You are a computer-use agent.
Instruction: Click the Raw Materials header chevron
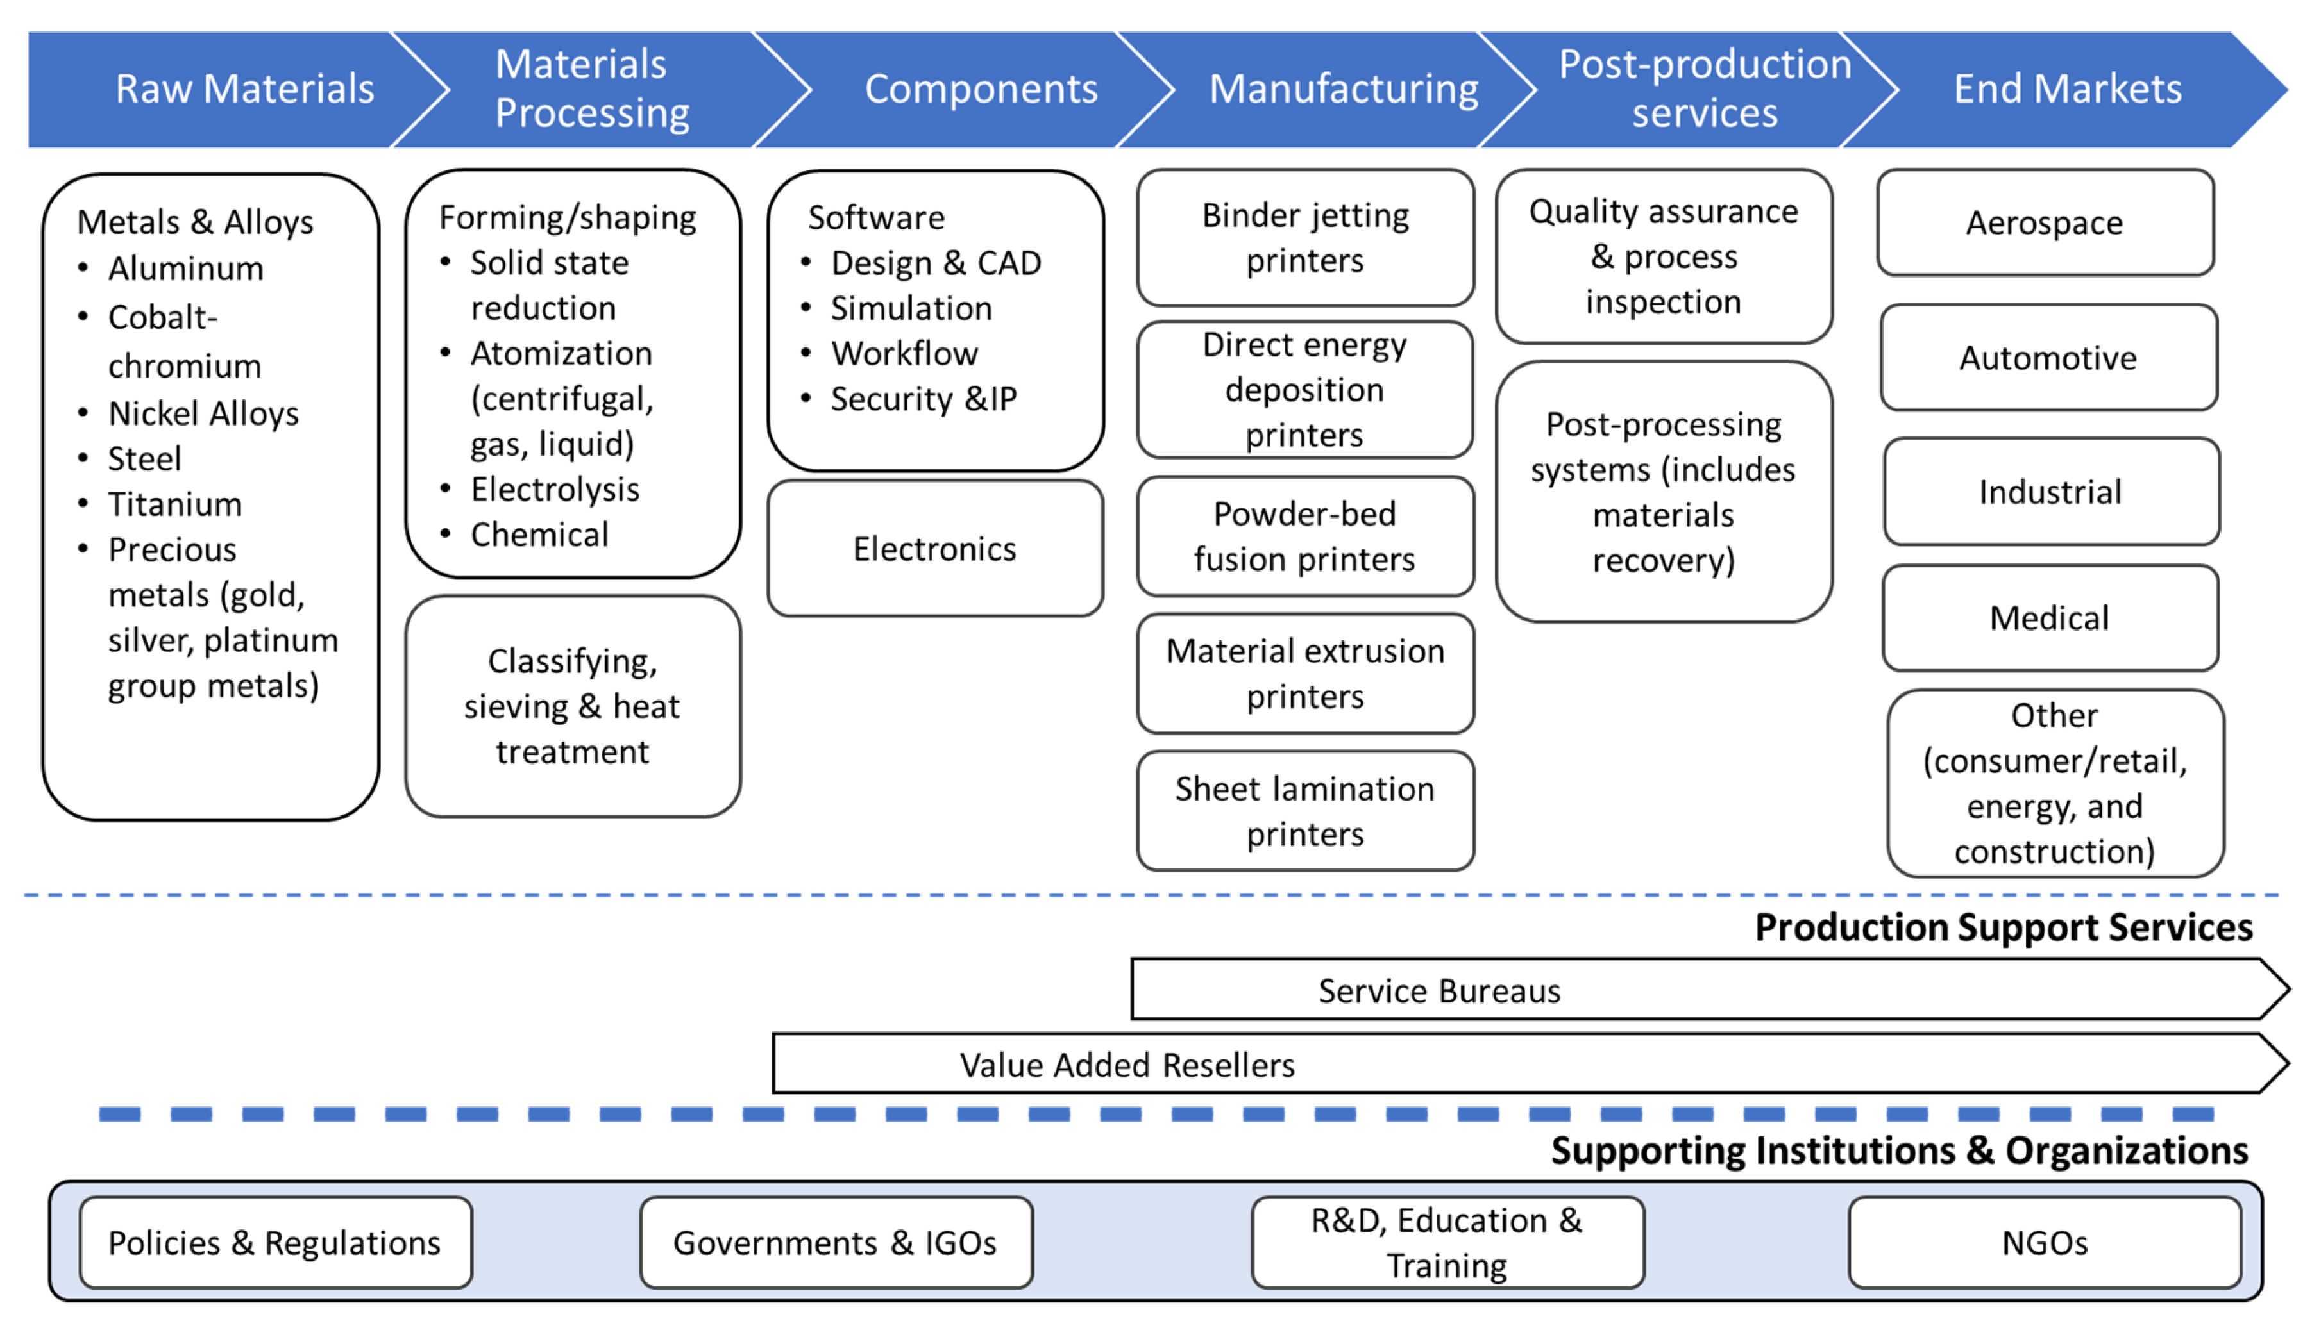[237, 89]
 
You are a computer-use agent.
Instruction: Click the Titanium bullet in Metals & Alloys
[175, 504]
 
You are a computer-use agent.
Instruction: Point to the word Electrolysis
[555, 490]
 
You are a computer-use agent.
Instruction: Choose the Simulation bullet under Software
[911, 308]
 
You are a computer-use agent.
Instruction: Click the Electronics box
[935, 548]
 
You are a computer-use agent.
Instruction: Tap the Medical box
[2050, 617]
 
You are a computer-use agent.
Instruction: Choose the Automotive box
[2049, 358]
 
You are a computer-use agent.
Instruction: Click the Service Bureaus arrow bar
[1710, 989]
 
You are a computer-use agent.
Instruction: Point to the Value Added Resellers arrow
[1531, 1063]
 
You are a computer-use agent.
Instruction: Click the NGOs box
[2045, 1242]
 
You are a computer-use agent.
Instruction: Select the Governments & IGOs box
[836, 1242]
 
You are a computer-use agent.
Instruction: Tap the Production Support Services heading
[2004, 927]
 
